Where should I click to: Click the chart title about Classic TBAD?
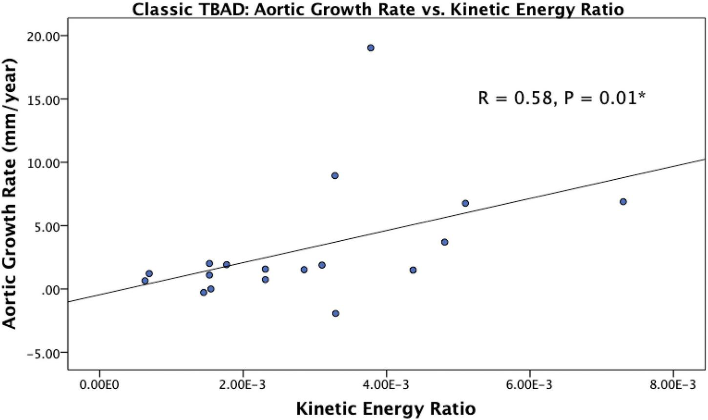pyautogui.click(x=378, y=9)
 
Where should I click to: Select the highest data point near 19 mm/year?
pyautogui.click(x=371, y=48)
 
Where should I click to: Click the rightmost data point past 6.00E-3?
pyautogui.click(x=623, y=202)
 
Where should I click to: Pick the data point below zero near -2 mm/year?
pyautogui.click(x=335, y=314)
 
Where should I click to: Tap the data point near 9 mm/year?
pyautogui.click(x=335, y=176)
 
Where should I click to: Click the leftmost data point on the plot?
pyautogui.click(x=145, y=281)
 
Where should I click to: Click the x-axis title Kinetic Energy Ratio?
pyautogui.click(x=386, y=408)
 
